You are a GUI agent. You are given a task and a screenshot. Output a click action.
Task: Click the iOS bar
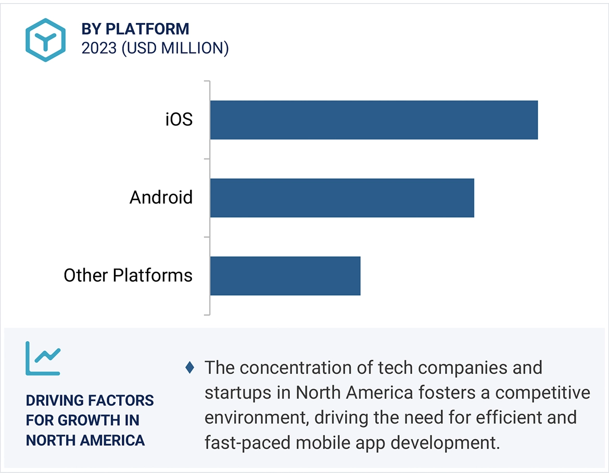(374, 120)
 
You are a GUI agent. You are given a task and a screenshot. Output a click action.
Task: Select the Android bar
(342, 198)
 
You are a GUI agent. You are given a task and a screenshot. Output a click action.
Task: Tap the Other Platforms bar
(285, 275)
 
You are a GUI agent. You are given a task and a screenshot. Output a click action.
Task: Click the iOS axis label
(179, 120)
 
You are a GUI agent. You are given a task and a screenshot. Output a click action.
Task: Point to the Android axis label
(161, 198)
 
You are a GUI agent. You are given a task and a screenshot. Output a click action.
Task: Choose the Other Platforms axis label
(128, 275)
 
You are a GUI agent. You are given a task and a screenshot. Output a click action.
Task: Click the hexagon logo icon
(46, 40)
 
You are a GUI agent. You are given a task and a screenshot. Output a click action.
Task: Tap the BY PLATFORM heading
(135, 29)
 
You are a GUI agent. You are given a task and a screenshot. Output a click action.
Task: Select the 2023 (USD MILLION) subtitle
(155, 48)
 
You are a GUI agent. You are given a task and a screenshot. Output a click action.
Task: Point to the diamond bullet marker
(190, 368)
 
